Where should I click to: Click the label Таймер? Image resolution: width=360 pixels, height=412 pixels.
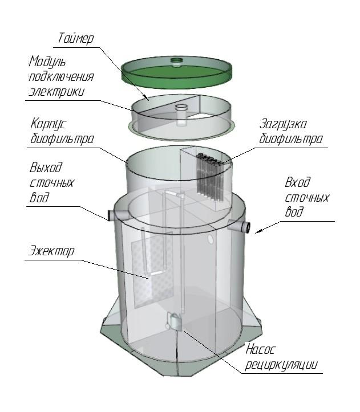[75, 39]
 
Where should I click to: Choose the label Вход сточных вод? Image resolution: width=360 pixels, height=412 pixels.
[306, 197]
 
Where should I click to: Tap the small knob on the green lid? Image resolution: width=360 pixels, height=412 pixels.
[177, 59]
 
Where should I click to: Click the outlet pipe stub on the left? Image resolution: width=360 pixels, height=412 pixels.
[112, 215]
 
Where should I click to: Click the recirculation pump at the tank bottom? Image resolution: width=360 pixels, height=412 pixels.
[174, 321]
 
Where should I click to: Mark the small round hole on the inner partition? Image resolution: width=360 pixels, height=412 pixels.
[212, 235]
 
